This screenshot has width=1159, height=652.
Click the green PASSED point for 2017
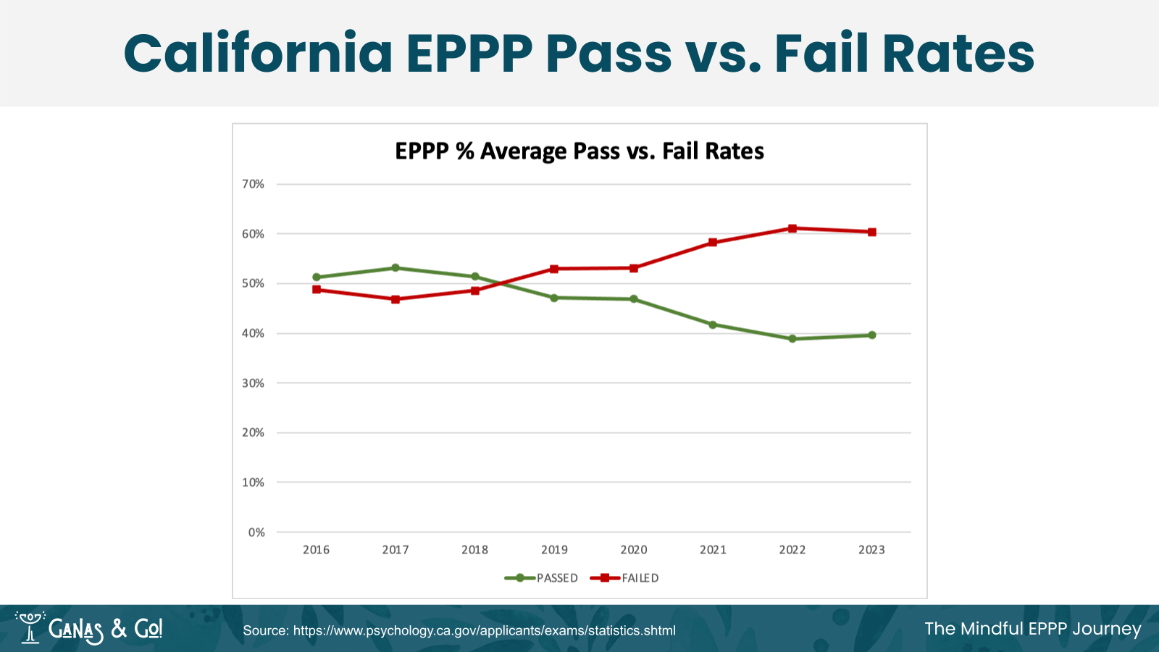click(x=396, y=268)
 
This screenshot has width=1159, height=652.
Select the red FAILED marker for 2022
click(x=792, y=228)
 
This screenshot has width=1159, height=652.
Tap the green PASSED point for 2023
click(x=872, y=335)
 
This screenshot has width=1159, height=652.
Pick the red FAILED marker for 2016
click(x=317, y=290)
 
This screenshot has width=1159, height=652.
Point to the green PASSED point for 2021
click(x=713, y=325)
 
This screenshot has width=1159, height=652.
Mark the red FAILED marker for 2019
click(x=554, y=269)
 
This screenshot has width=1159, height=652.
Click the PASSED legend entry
click(x=542, y=578)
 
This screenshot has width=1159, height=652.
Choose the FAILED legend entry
click(x=625, y=578)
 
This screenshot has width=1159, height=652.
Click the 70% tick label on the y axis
click(x=253, y=184)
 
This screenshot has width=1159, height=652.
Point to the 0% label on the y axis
click(x=256, y=532)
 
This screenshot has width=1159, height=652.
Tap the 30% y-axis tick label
click(x=253, y=383)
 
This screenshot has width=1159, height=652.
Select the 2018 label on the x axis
click(x=475, y=550)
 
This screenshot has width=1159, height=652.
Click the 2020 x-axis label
click(x=634, y=550)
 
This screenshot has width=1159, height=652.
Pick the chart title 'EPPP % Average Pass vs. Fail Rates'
click(x=579, y=151)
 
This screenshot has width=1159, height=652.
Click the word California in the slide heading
click(x=258, y=54)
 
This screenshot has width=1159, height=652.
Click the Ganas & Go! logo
click(x=89, y=628)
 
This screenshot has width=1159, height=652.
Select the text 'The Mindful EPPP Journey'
click(x=1032, y=628)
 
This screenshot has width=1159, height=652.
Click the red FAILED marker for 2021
click(x=713, y=243)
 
